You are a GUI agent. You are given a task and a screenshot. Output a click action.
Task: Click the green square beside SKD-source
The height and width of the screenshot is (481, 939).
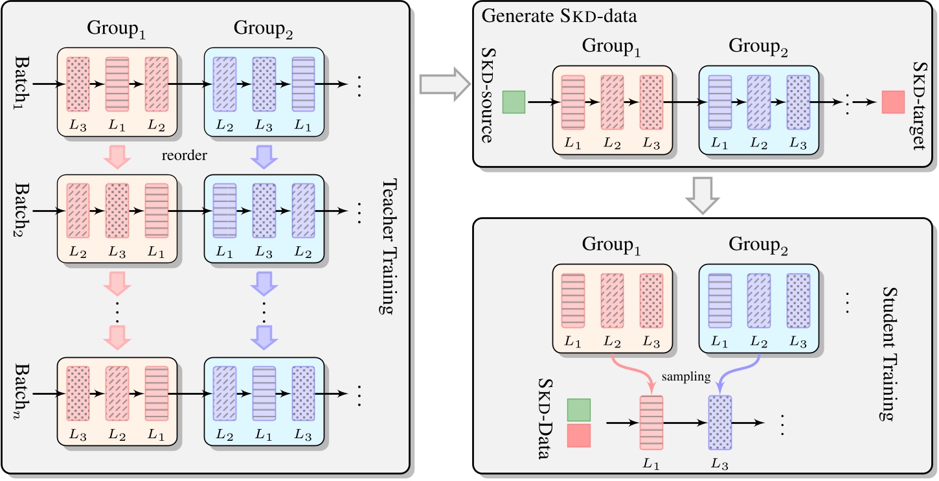[514, 102]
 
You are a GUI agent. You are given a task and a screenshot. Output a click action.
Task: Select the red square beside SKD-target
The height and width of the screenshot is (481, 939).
[893, 102]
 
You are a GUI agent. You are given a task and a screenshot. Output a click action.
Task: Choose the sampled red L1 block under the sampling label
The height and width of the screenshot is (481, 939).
[651, 423]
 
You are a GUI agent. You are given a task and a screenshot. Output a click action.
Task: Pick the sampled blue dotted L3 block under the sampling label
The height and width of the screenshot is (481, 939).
[720, 423]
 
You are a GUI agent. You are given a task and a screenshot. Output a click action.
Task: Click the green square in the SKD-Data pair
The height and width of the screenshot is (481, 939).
[578, 410]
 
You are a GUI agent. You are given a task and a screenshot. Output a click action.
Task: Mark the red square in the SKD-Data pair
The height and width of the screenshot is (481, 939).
[578, 435]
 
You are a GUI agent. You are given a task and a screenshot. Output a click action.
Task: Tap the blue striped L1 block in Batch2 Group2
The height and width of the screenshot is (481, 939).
[224, 211]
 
